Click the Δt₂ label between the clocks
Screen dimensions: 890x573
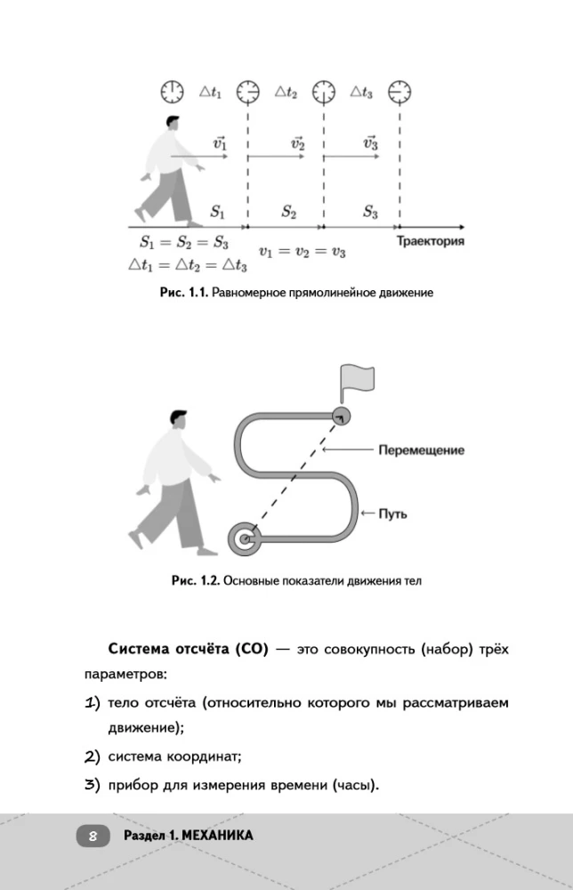tap(286, 92)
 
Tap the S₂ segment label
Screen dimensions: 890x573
tap(289, 212)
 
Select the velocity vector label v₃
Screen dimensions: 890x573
tap(371, 142)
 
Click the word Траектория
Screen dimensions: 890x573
tap(430, 240)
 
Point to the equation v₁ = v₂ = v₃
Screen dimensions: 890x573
tap(302, 252)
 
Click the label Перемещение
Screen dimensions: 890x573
tap(421, 450)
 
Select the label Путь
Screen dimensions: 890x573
tap(392, 514)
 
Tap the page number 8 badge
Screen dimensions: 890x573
tap(93, 836)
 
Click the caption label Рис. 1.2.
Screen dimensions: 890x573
tap(195, 580)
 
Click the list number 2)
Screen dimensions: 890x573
tap(93, 757)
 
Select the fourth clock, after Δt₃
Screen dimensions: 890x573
tap(400, 92)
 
